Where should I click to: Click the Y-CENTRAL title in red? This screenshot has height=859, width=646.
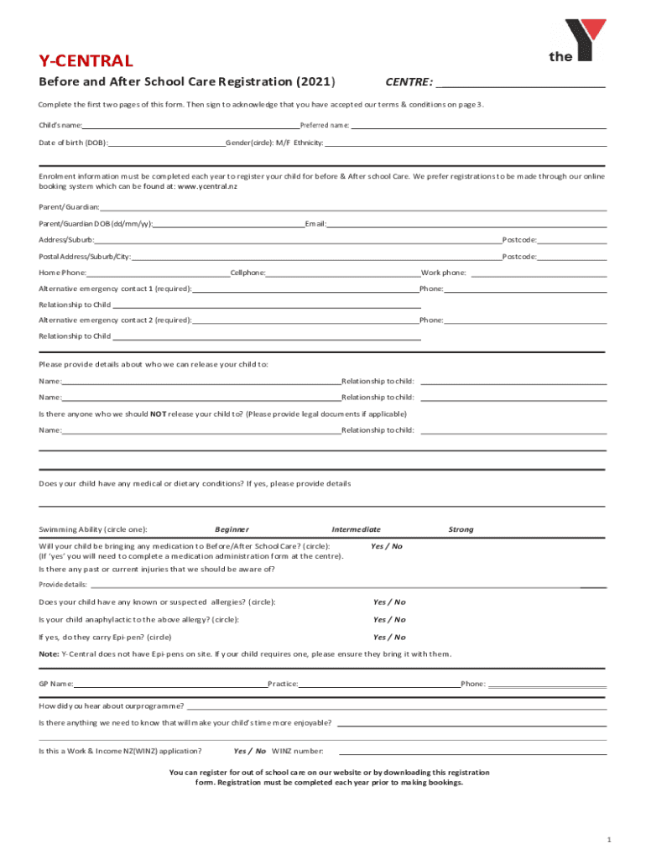pyautogui.click(x=86, y=60)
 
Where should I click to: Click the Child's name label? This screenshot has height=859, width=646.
pyautogui.click(x=60, y=125)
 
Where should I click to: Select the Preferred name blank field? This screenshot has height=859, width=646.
pyautogui.click(x=478, y=127)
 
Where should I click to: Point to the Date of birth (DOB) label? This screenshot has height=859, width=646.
pyautogui.click(x=73, y=143)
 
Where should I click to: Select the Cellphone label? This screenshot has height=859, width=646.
pyautogui.click(x=247, y=273)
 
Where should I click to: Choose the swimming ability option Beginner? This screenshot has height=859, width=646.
pyautogui.click(x=232, y=529)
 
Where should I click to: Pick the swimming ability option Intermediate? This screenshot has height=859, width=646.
pyautogui.click(x=356, y=529)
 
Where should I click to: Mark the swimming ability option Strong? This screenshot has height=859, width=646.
pyautogui.click(x=461, y=529)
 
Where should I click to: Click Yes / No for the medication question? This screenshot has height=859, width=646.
pyautogui.click(x=386, y=546)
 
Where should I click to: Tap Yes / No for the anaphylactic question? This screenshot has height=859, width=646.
pyautogui.click(x=389, y=619)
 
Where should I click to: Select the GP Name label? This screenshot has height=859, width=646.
pyautogui.click(x=56, y=684)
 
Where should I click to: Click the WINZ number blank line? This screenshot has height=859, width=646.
pyautogui.click(x=472, y=752)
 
